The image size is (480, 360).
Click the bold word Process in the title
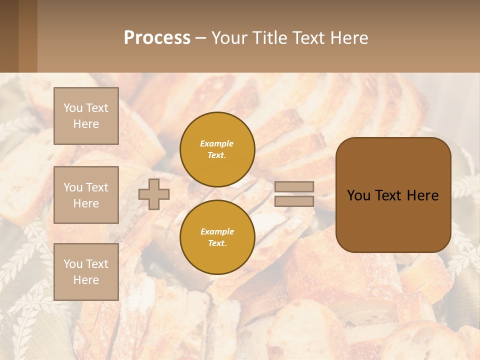click(157, 38)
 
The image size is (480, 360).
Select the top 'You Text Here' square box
click(86, 116)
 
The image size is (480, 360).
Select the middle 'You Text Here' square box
click(86, 195)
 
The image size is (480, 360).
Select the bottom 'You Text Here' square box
click(86, 272)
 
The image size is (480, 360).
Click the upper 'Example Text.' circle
click(217, 149)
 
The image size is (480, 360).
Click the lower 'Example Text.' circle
click(217, 237)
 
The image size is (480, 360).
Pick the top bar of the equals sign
click(294, 186)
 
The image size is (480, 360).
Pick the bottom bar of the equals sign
click(294, 201)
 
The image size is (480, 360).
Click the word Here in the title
click(349, 38)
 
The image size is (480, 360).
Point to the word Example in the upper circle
click(217, 144)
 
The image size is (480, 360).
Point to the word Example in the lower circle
click(217, 232)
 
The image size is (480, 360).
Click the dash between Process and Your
click(200, 38)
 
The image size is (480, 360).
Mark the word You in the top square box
click(72, 108)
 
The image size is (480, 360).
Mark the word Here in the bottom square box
click(86, 280)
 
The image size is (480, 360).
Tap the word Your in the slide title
click(228, 38)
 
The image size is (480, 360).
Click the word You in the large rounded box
click(358, 195)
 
